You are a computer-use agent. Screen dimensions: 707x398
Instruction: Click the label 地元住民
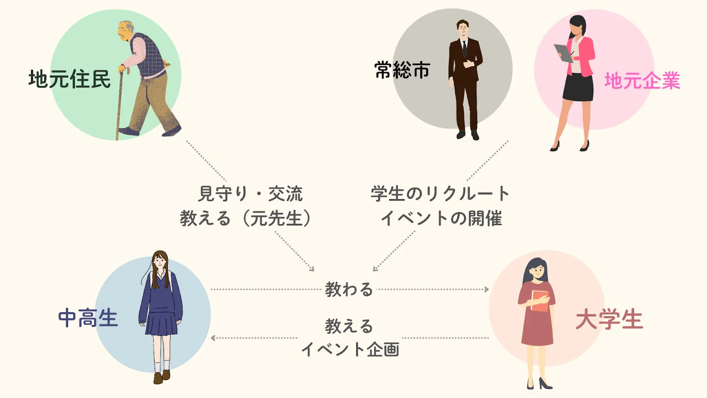point(69,79)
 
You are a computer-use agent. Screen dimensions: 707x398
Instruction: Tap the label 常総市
point(403,70)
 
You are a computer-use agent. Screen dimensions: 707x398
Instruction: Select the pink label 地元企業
point(642,81)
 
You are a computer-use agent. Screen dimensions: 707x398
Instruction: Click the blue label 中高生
point(88,318)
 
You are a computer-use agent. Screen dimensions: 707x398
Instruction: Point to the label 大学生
point(609,320)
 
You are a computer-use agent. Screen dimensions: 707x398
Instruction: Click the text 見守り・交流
point(250,194)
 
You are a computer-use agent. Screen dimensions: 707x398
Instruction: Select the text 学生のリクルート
point(440,194)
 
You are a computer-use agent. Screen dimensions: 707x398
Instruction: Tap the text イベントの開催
point(441,218)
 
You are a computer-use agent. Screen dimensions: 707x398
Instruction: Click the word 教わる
point(349,289)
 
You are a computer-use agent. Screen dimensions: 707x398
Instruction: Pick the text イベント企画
point(350,349)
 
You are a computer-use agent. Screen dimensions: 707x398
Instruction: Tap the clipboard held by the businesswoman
point(563,53)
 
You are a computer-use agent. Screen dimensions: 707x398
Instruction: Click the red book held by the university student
point(540,301)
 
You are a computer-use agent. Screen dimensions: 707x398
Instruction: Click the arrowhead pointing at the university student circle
point(487,289)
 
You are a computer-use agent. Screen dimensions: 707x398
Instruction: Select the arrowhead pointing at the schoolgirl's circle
point(213,338)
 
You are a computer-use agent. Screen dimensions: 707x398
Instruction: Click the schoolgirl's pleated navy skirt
point(161,323)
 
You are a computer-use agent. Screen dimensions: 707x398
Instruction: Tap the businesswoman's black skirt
point(578,87)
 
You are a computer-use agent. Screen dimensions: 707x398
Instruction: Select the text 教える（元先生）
point(246,218)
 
